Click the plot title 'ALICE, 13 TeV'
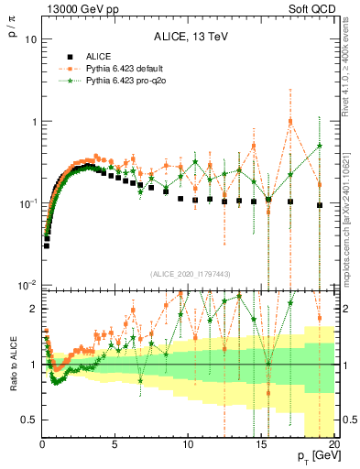189,37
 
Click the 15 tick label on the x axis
260,442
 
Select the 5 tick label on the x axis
115,442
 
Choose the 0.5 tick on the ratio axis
27,420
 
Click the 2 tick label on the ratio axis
32,309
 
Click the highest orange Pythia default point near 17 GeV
290,121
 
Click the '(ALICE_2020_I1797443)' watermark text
189,273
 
